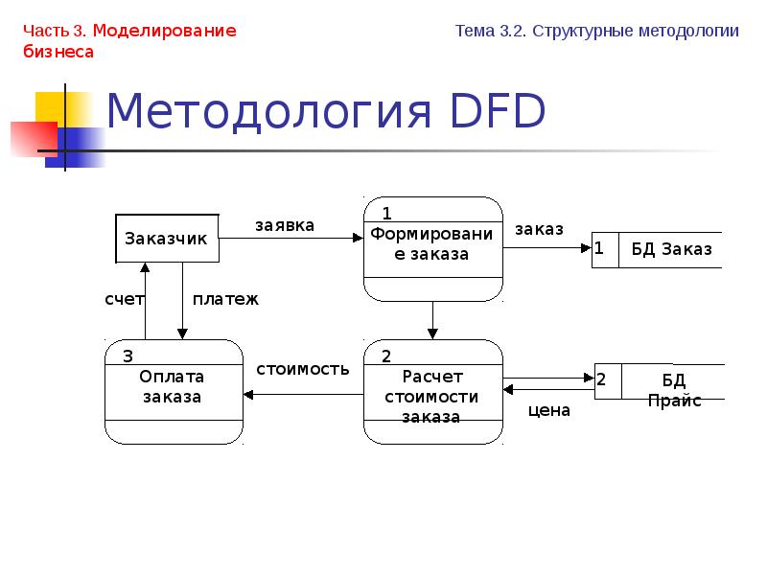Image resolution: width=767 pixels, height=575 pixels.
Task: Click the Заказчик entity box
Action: tap(167, 239)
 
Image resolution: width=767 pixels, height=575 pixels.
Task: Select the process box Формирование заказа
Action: tap(432, 249)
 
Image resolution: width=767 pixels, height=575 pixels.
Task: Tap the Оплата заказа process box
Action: tap(173, 391)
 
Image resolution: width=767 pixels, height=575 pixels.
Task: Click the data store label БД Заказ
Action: tap(671, 249)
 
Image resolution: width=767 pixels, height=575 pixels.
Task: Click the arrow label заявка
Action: tap(284, 225)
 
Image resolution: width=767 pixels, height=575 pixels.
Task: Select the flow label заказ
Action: tap(539, 229)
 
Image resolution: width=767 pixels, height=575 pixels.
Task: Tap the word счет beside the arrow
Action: tap(124, 299)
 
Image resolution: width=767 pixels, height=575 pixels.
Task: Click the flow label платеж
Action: tap(225, 299)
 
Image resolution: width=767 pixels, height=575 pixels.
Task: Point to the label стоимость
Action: tap(302, 369)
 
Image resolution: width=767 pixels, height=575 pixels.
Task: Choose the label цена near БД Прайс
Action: tap(548, 410)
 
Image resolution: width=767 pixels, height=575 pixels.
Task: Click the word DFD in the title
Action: tap(495, 113)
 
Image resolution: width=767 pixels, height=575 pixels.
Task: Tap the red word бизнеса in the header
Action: tap(58, 52)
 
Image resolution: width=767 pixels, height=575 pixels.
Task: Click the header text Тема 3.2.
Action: tap(490, 31)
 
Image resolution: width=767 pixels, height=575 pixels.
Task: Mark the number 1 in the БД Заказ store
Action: tap(599, 249)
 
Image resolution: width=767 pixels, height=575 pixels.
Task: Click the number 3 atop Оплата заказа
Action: tap(127, 356)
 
